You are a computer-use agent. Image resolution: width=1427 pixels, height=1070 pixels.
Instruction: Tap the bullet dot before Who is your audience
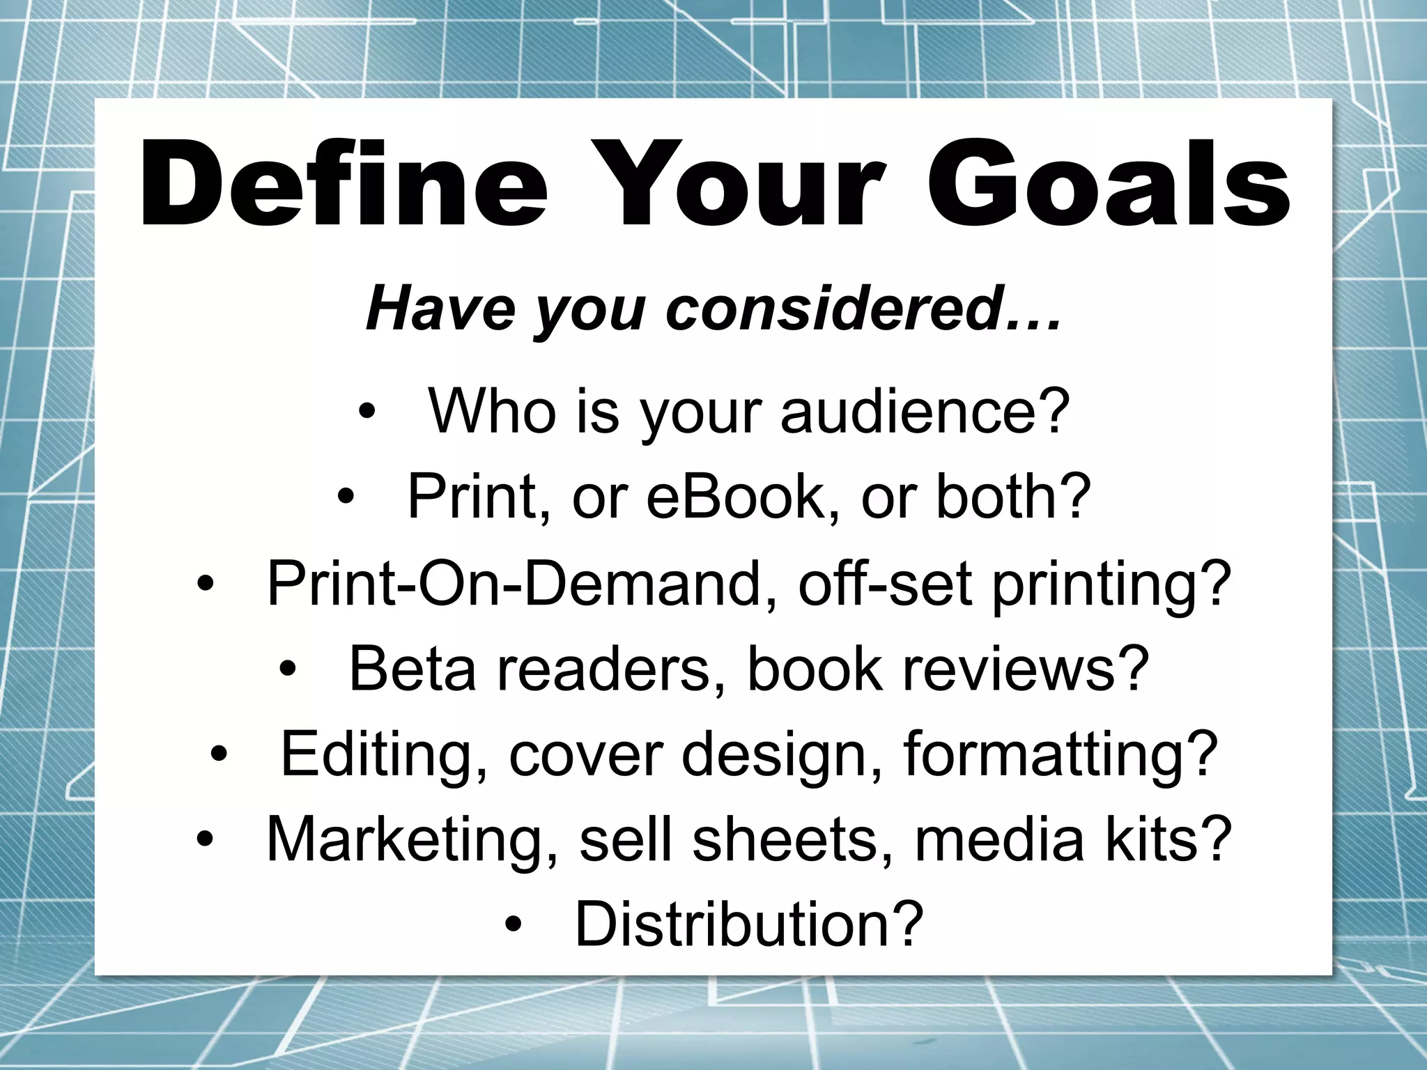click(367, 413)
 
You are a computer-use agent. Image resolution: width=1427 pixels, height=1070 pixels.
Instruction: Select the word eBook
click(734, 497)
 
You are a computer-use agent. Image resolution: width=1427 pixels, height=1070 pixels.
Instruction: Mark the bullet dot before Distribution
click(514, 926)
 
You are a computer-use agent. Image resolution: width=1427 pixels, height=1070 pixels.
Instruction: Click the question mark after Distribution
click(907, 924)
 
